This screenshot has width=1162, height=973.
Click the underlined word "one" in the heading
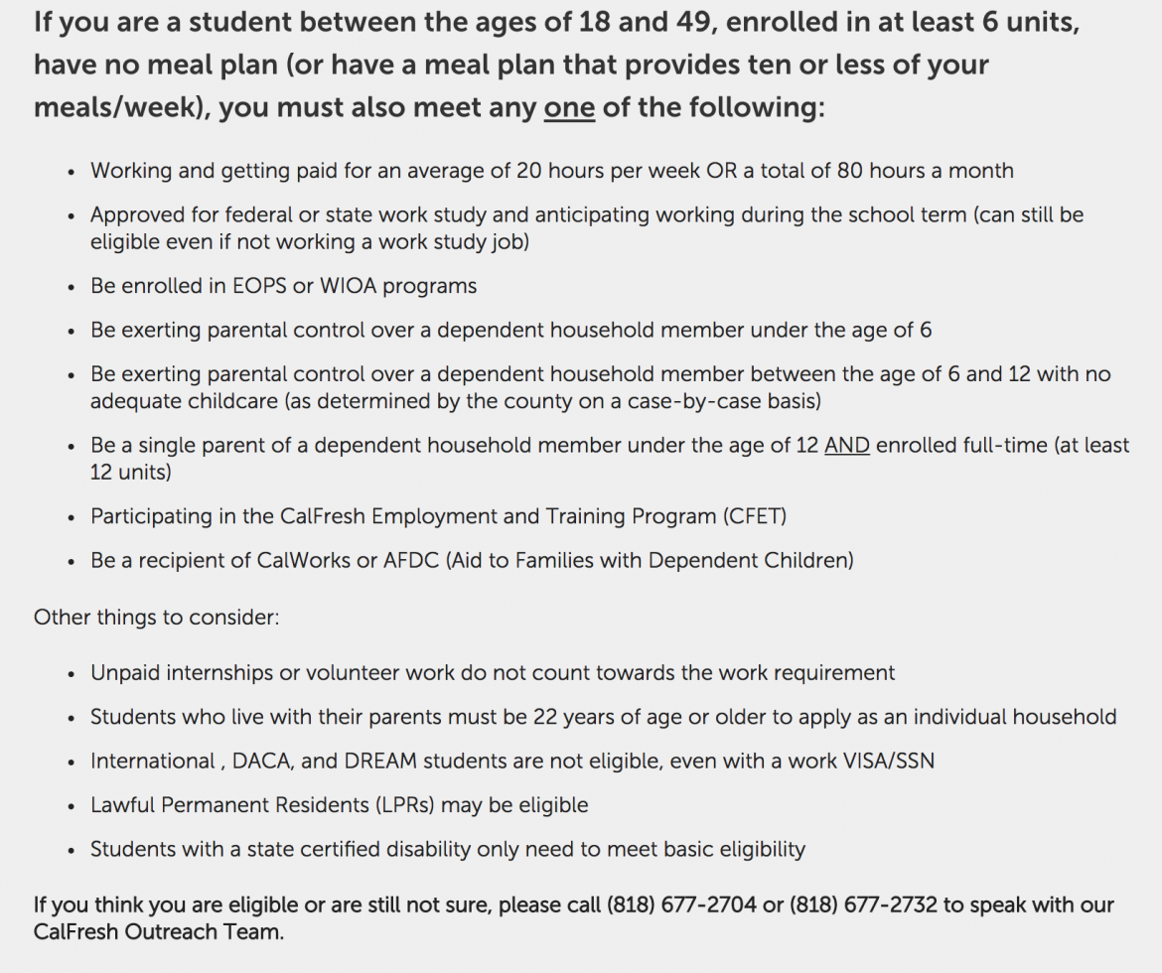pyautogui.click(x=569, y=107)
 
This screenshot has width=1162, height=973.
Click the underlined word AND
pyautogui.click(x=847, y=446)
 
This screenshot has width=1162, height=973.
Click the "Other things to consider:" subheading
pyautogui.click(x=157, y=618)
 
